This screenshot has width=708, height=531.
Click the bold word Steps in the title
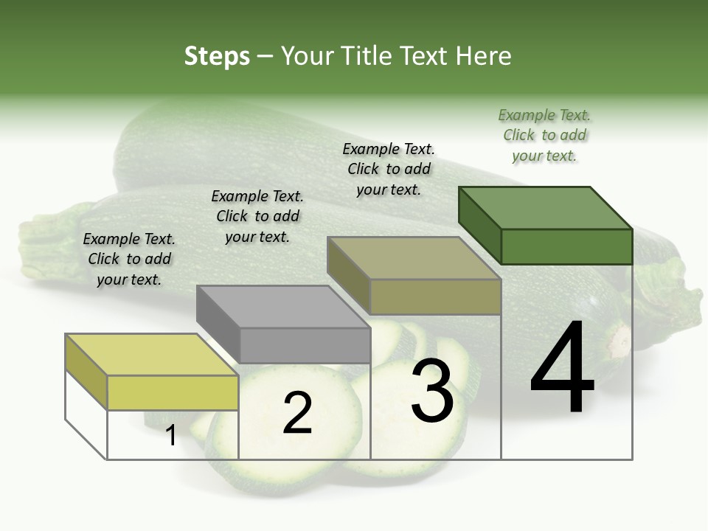[217, 56]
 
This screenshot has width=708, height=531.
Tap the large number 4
[562, 369]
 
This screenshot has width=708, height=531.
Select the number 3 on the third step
[432, 391]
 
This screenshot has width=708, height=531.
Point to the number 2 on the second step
[297, 413]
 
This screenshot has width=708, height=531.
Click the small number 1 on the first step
[171, 435]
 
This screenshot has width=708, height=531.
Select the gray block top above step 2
[283, 307]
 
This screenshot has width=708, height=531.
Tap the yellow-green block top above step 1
[151, 354]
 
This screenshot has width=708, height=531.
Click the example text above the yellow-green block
[129, 259]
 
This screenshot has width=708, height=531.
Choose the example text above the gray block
[257, 216]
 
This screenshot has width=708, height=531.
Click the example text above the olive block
[389, 169]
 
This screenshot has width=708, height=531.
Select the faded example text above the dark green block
[544, 135]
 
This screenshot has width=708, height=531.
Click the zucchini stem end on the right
[667, 302]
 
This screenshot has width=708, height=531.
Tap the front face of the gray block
[305, 345]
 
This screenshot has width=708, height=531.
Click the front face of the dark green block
[566, 246]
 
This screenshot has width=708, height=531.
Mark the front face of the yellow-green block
[173, 392]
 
